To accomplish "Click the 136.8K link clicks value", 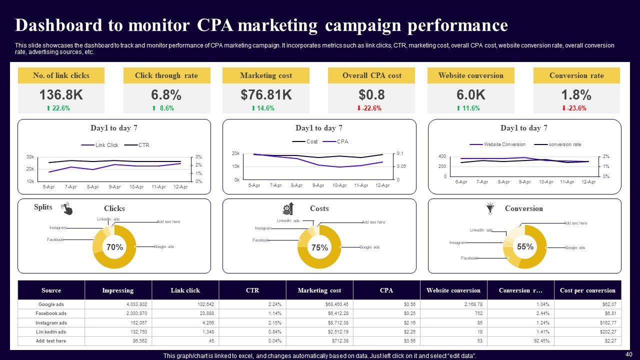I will point(61,95).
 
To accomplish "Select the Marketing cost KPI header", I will point(266,75).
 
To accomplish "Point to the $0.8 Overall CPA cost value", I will point(371,95).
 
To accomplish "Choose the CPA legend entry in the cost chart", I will point(342,141).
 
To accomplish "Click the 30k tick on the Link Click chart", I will point(30,157).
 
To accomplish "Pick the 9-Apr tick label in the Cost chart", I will point(318,185).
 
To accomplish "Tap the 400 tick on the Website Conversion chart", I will point(442,156).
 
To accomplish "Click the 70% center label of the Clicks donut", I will point(114,247).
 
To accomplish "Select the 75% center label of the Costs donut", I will point(319,247).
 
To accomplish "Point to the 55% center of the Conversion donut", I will point(525,246).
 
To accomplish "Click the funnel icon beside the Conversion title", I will point(490,208).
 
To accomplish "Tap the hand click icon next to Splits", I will point(66,208).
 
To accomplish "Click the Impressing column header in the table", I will point(118,290).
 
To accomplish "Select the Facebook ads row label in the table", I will point(51,313).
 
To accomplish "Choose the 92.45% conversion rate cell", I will point(539,341).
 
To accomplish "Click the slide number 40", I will point(628,354).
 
